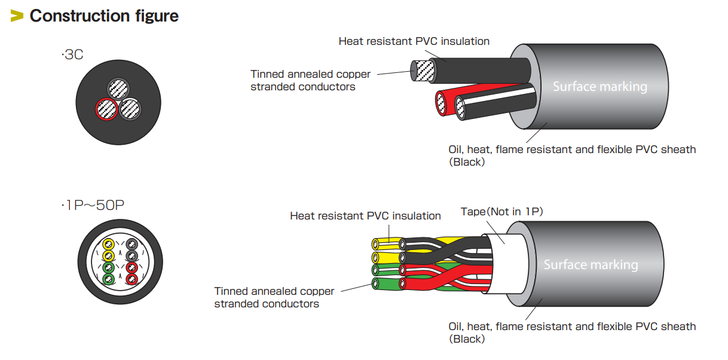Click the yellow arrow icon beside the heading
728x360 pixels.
pyautogui.click(x=17, y=16)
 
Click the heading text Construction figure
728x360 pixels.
pyautogui.click(x=104, y=16)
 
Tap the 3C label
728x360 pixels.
pyautogui.click(x=72, y=56)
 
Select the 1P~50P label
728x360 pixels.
pyautogui.click(x=93, y=206)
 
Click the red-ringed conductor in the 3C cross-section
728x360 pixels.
pyautogui.click(x=106, y=109)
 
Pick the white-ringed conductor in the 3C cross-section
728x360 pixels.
pyautogui.click(x=130, y=109)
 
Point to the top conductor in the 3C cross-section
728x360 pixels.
pyautogui.click(x=118, y=89)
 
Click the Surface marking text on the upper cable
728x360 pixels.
pyautogui.click(x=599, y=87)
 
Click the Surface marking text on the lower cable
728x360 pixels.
pyautogui.click(x=591, y=265)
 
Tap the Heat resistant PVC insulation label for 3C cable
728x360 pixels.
pyautogui.click(x=414, y=41)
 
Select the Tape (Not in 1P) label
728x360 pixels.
pyautogui.click(x=501, y=212)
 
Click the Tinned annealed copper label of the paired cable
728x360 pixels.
pyautogui.click(x=274, y=297)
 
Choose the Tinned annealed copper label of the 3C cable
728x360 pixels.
pyautogui.click(x=310, y=80)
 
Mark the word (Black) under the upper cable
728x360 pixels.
pyautogui.click(x=466, y=161)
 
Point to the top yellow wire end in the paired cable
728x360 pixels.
pyautogui.click(x=376, y=244)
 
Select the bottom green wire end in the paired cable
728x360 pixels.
pyautogui.click(x=376, y=283)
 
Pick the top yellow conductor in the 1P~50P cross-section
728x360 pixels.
pyautogui.click(x=108, y=244)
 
